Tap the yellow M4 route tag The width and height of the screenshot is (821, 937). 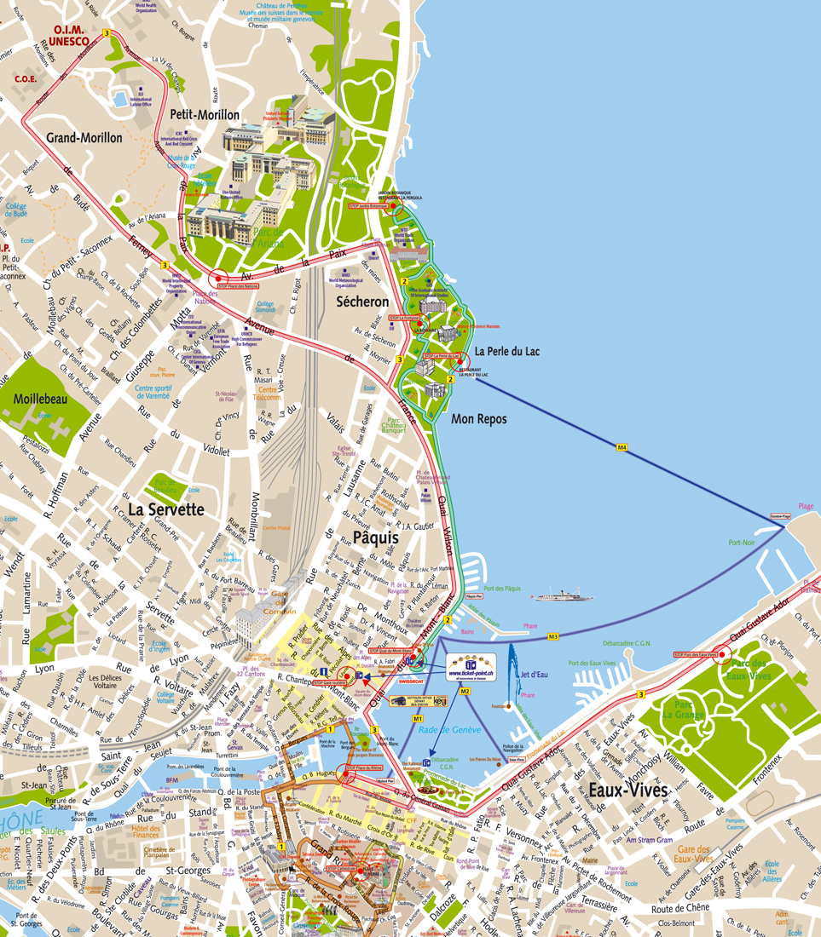pos(622,446)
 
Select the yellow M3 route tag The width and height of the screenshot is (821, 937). pos(552,636)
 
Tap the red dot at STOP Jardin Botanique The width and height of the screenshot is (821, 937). pos(395,205)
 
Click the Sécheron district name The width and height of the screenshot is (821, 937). pos(361,302)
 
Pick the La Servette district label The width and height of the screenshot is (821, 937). pos(166,509)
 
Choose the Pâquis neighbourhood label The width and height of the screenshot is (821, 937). pos(376,537)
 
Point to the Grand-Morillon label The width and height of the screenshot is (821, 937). pos(84,137)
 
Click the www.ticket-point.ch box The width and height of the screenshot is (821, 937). pos(471,668)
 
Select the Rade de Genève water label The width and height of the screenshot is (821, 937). pos(451,730)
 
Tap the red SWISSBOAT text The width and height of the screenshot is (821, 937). pos(412,681)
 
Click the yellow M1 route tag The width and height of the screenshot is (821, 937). pos(418,719)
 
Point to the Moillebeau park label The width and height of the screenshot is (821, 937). pos(41,399)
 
